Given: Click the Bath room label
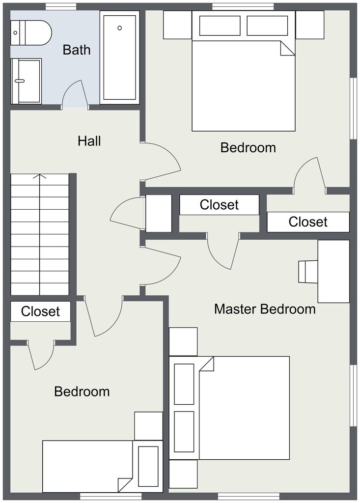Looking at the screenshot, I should point(77,50).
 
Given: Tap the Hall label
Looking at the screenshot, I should point(89,141).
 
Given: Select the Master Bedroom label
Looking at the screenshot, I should point(265,309).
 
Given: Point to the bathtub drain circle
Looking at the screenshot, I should point(120,28).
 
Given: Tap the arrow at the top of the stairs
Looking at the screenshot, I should point(40,176).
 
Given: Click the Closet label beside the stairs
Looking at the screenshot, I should point(40,311).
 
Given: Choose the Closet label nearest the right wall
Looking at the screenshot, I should point(308,222).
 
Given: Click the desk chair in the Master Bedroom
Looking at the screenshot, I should point(308,272).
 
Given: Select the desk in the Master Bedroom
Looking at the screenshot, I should point(333,271).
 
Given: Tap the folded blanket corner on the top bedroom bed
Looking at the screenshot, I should point(287,49).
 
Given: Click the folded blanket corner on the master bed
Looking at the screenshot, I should point(207,364).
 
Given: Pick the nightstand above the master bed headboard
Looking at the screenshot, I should point(183,341).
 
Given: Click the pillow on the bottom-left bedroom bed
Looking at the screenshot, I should point(148,466).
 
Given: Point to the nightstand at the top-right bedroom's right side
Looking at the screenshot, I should point(310,25).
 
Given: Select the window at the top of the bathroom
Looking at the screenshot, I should point(61,6).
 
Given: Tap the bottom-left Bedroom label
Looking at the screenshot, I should point(82,392).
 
